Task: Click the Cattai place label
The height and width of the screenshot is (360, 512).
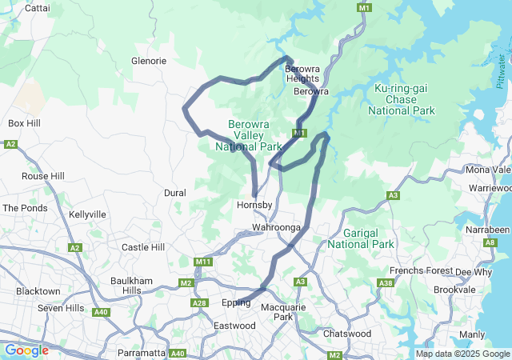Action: coord(38,8)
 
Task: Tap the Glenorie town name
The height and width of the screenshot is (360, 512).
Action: coord(149,61)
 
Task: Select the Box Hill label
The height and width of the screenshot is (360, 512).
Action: coord(25,123)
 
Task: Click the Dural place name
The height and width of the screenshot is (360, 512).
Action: coord(174,193)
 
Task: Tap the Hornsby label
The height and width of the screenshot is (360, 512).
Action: coord(255,206)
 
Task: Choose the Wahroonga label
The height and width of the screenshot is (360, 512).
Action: coord(275,228)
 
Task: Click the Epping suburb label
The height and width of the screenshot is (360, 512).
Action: coord(236,303)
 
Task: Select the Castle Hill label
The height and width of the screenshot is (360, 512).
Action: coord(142,247)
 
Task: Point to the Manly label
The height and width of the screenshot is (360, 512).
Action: coord(472,334)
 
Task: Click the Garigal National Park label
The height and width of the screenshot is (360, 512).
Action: coord(362,238)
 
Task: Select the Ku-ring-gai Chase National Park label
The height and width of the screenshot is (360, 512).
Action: coord(406,98)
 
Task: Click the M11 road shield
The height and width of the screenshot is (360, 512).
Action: coord(202,262)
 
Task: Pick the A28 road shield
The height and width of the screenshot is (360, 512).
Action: coord(200,302)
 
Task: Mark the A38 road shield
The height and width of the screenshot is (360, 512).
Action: coord(386,283)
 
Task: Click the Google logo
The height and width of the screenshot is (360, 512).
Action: coord(26,350)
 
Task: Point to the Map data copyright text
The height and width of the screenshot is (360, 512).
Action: coord(462,354)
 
